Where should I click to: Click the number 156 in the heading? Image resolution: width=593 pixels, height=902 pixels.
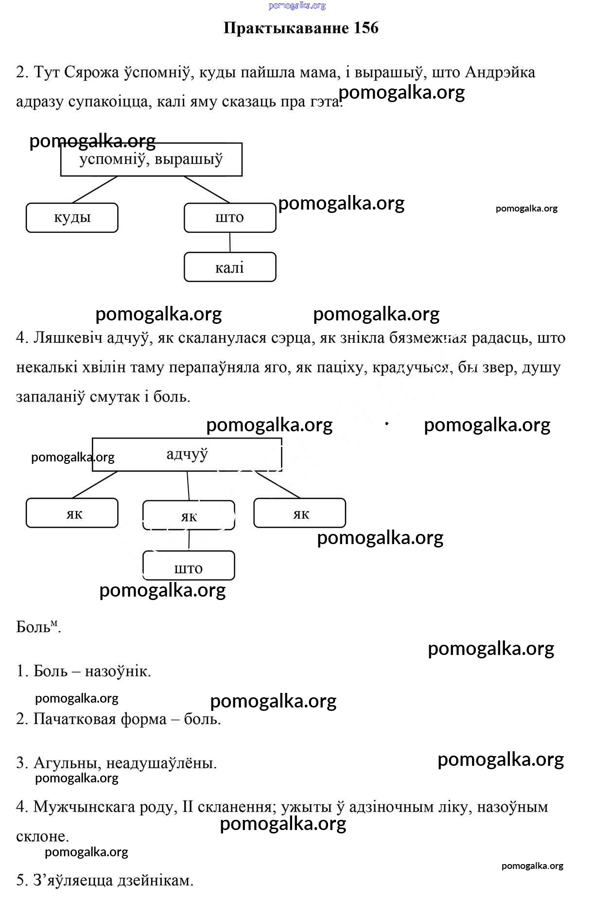coord(366,28)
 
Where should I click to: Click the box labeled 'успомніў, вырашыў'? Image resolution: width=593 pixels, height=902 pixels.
coord(151,159)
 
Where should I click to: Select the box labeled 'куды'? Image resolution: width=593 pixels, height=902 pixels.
coord(72,217)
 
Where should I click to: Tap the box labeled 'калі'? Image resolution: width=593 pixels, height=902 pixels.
coord(230,267)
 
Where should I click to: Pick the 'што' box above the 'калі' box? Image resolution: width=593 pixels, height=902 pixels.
coord(230,217)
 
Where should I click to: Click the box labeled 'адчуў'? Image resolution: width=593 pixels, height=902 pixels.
coord(187,454)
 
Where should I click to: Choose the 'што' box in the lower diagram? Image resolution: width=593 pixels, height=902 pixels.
coord(189,566)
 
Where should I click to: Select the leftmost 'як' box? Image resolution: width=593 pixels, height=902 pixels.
coord(72,513)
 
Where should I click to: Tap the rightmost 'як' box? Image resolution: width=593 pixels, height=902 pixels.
coord(300,513)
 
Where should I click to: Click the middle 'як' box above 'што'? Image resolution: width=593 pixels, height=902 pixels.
coord(189,515)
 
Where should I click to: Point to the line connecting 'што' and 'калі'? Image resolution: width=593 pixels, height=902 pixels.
coord(230,242)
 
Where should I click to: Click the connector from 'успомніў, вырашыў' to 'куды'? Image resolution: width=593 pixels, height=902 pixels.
coord(95,190)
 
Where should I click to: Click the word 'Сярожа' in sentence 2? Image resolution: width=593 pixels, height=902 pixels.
coord(91,72)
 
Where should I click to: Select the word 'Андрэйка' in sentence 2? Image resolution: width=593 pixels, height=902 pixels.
coord(500,72)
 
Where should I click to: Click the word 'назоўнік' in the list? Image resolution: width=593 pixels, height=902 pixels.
coord(118,671)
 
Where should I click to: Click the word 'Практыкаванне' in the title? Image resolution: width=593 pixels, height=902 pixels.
coord(286,28)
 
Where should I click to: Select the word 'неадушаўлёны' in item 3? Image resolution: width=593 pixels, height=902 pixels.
coord(161,763)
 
